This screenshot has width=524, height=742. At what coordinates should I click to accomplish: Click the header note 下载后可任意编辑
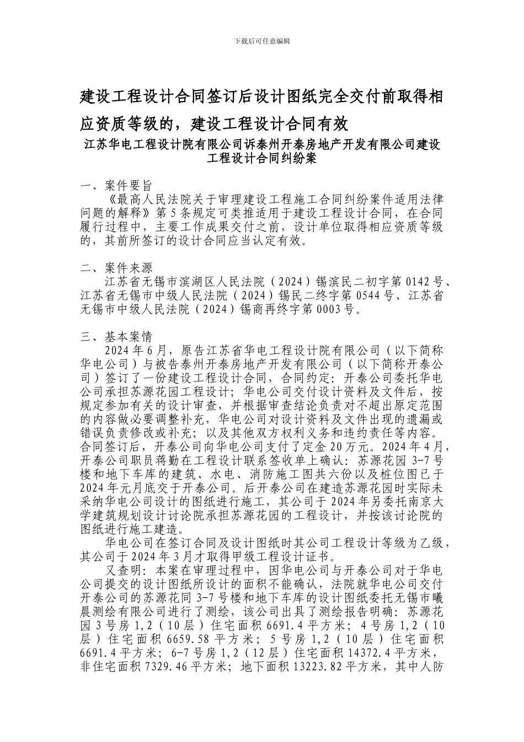coord(262,41)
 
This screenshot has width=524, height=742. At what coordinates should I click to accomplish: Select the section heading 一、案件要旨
coord(116,185)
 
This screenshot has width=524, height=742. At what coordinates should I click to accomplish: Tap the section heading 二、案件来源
coord(116,269)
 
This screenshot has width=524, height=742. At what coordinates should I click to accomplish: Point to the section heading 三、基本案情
coord(116,337)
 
